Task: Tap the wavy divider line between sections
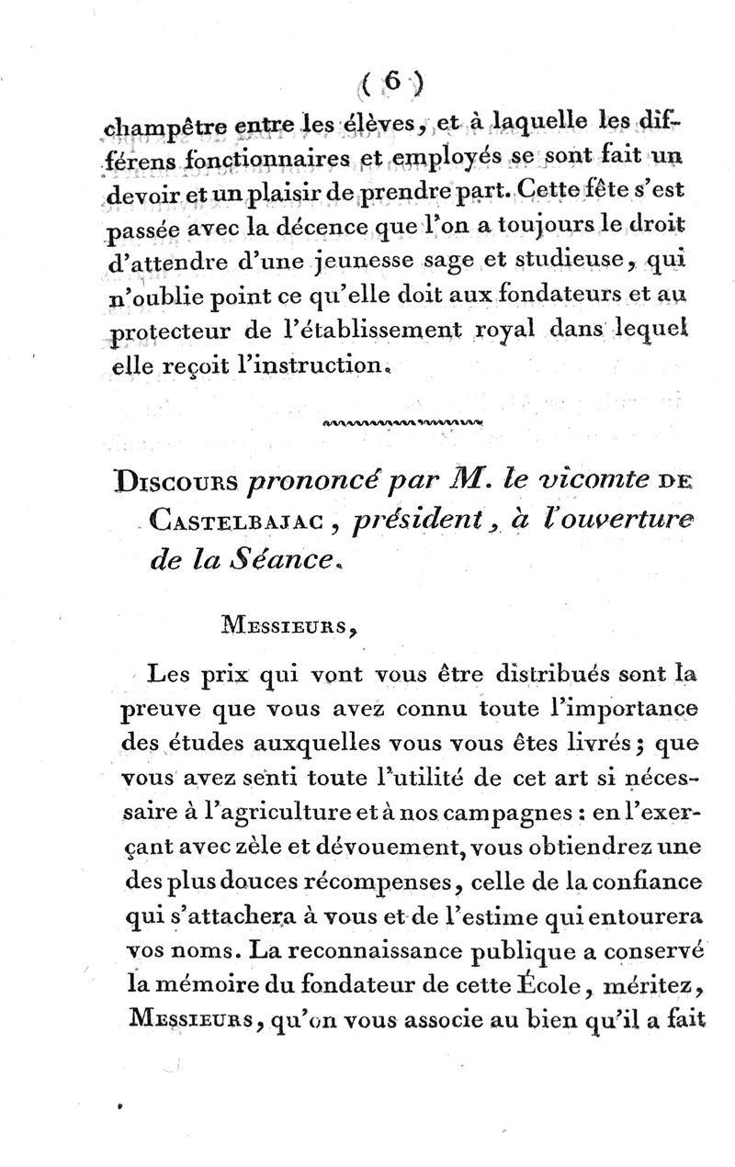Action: (x=404, y=423)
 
